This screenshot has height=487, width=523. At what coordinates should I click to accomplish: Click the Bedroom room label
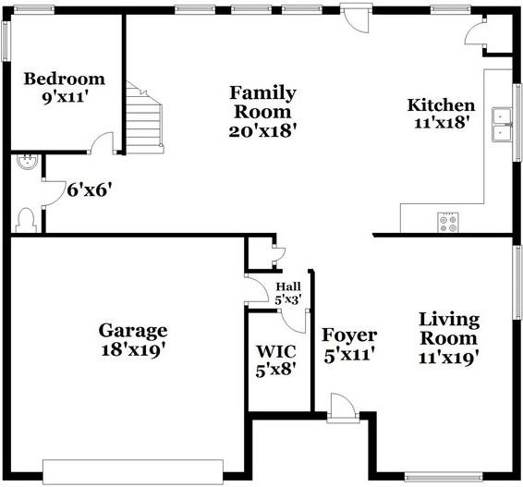click(64, 79)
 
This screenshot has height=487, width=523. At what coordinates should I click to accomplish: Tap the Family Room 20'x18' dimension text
click(262, 130)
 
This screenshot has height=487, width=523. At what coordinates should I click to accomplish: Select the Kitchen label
click(442, 105)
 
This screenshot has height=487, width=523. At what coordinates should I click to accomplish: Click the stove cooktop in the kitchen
click(448, 222)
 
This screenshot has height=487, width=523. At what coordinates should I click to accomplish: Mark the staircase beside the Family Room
click(144, 120)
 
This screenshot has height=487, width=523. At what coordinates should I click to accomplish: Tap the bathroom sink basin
click(26, 164)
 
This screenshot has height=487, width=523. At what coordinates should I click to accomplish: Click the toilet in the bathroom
click(26, 219)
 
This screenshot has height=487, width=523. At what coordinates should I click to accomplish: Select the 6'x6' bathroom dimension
click(90, 190)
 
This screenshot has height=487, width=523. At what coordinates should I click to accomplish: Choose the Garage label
click(133, 331)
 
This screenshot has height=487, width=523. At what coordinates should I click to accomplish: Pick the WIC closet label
click(274, 351)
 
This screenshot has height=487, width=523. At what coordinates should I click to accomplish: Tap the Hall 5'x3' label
click(287, 293)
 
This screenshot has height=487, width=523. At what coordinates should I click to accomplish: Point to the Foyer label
click(348, 335)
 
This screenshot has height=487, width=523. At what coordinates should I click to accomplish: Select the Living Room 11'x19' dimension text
click(448, 358)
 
